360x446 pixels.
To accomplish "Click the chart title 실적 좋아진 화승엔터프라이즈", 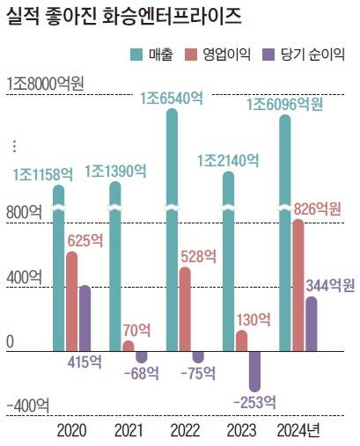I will (x=124, y=16).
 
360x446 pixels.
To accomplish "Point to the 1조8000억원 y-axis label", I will (x=44, y=84).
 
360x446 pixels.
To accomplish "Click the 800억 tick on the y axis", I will (x=23, y=211).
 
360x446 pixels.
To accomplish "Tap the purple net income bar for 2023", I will (x=255, y=370).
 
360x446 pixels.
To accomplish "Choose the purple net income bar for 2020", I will (x=85, y=318).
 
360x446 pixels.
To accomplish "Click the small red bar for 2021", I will (x=129, y=346).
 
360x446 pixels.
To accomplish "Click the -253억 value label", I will (x=255, y=401).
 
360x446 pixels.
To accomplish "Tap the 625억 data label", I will (x=85, y=239).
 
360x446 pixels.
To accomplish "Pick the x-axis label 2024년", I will (x=298, y=430).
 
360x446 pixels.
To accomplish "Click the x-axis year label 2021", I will (x=129, y=430).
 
